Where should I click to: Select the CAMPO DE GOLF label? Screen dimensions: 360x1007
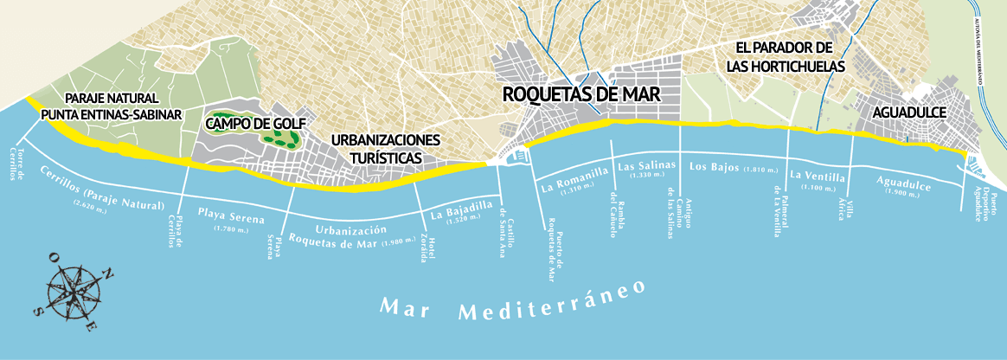point(255,124)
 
